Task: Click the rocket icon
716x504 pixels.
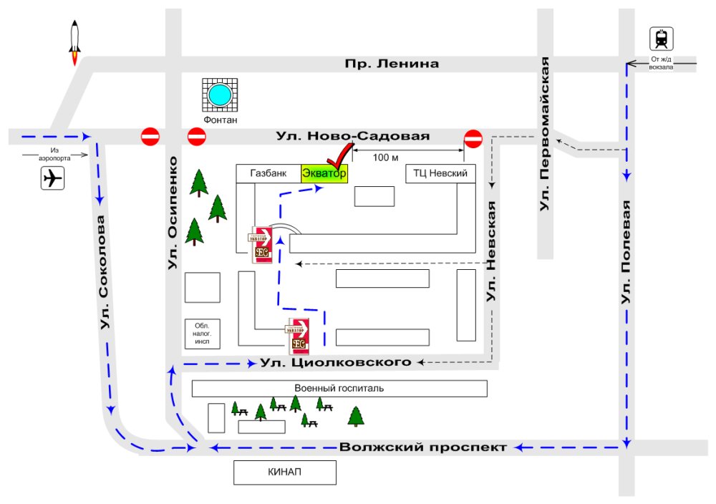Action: pos(74,42)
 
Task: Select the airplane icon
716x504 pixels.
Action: pos(52,178)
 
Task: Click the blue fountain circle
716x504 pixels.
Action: pos(220,94)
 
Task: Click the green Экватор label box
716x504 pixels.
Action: pos(324,173)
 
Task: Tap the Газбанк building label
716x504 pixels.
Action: pos(268,173)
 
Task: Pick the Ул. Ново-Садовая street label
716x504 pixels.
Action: pos(353,136)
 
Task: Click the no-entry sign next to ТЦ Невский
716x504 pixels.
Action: pos(473,137)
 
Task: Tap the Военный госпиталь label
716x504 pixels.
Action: pos(339,389)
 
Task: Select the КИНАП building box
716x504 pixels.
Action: pos(285,472)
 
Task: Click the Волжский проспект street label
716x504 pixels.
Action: pos(423,447)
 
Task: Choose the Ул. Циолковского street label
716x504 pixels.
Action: pos(336,362)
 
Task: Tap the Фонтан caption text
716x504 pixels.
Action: pos(220,120)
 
